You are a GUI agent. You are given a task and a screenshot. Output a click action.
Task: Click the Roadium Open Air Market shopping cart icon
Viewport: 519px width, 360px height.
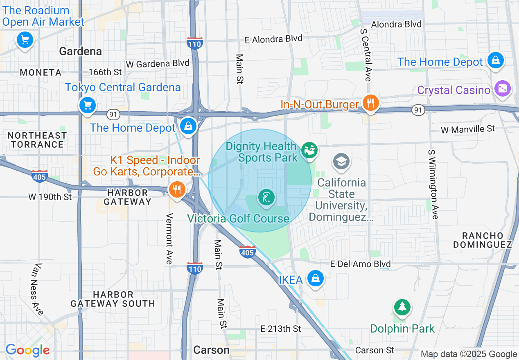25,40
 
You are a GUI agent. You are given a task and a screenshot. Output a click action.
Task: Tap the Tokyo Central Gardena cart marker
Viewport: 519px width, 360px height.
87,105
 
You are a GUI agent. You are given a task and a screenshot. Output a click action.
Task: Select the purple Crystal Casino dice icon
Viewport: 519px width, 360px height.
502,89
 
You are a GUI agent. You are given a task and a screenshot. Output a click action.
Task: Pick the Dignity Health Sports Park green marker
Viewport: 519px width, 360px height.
310,150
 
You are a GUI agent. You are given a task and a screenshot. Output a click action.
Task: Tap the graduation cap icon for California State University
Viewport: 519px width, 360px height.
341,161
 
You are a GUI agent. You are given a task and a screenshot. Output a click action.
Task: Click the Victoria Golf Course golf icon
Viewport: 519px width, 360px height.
266,198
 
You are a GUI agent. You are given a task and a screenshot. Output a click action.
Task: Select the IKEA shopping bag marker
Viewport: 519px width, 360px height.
316,279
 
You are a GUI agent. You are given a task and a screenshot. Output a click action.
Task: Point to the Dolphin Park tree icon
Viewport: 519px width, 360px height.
402,307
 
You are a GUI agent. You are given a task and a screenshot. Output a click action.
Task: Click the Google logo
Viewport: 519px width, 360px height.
27,350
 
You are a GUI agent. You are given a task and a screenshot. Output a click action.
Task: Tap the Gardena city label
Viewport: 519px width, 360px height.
80,51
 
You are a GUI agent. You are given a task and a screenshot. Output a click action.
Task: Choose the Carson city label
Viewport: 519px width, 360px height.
211,350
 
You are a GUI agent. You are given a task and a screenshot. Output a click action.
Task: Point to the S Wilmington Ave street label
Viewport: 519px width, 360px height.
433,184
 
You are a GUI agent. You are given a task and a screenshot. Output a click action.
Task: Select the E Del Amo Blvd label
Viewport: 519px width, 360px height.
360,264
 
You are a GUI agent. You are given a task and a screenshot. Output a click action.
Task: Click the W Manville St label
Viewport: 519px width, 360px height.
468,129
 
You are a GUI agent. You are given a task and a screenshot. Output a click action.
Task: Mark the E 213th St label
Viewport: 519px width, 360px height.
281,328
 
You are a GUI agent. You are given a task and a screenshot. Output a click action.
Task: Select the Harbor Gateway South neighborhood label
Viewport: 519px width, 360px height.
113,299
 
